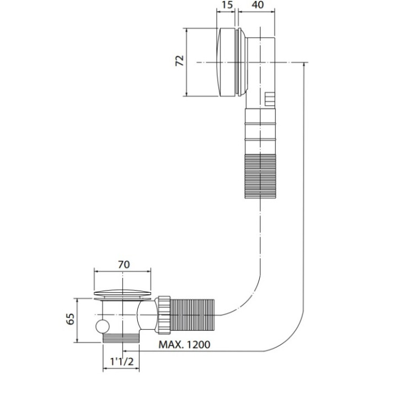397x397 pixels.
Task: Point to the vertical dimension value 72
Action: coord(179,60)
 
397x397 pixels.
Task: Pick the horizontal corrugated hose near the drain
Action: coord(193,315)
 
